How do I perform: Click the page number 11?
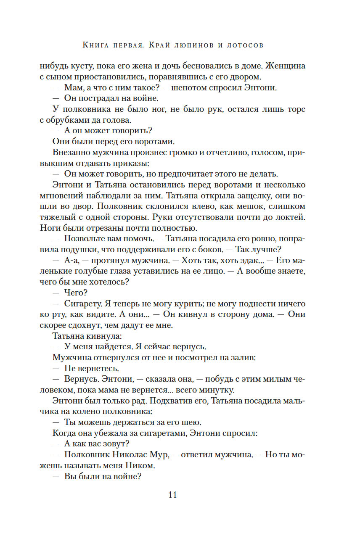[x=172, y=495]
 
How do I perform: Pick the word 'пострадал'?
[x=101, y=98]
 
